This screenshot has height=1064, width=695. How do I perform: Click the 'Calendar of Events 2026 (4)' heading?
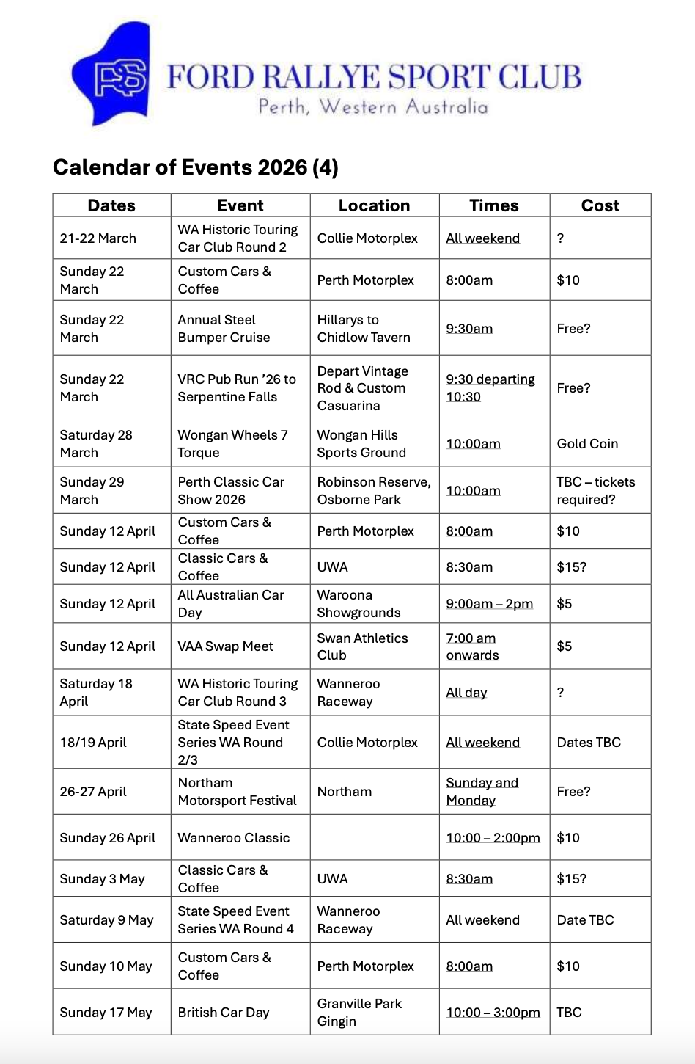(195, 168)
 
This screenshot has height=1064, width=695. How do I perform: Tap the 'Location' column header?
(374, 205)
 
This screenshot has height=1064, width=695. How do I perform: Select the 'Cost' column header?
(600, 205)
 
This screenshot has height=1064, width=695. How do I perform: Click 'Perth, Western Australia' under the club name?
(373, 107)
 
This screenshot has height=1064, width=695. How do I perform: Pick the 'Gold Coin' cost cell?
(587, 444)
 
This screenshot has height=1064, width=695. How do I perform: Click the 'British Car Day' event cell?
(224, 1013)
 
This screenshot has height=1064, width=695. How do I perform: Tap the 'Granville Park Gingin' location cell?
(359, 1013)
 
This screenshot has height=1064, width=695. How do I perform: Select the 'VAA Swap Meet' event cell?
(225, 646)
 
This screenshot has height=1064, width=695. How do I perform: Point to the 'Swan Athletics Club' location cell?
(362, 646)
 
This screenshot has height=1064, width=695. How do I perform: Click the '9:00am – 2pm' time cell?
(489, 604)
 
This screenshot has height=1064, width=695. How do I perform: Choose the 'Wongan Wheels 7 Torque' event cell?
(232, 444)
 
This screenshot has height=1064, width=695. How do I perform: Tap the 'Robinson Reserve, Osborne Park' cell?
(374, 491)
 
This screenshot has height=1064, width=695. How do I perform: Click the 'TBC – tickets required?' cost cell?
(595, 491)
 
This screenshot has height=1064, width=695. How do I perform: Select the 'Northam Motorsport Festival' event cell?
(237, 792)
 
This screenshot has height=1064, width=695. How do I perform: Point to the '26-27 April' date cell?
(93, 792)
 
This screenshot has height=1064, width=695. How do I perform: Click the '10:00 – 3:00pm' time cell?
(493, 1013)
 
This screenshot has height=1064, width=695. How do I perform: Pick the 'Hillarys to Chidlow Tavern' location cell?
(364, 329)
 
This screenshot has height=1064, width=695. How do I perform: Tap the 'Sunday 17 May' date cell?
(106, 1013)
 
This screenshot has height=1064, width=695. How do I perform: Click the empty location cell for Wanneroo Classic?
(374, 838)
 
